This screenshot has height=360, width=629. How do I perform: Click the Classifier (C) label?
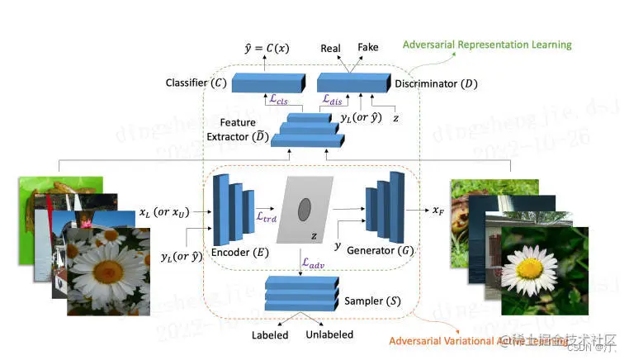(194, 83)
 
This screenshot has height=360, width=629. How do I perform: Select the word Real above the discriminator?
(331, 49)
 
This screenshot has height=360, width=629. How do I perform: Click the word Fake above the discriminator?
(368, 49)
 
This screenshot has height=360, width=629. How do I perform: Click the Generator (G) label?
(380, 250)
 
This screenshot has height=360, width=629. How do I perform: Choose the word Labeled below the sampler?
(270, 335)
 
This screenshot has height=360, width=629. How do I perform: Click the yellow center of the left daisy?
(97, 269)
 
